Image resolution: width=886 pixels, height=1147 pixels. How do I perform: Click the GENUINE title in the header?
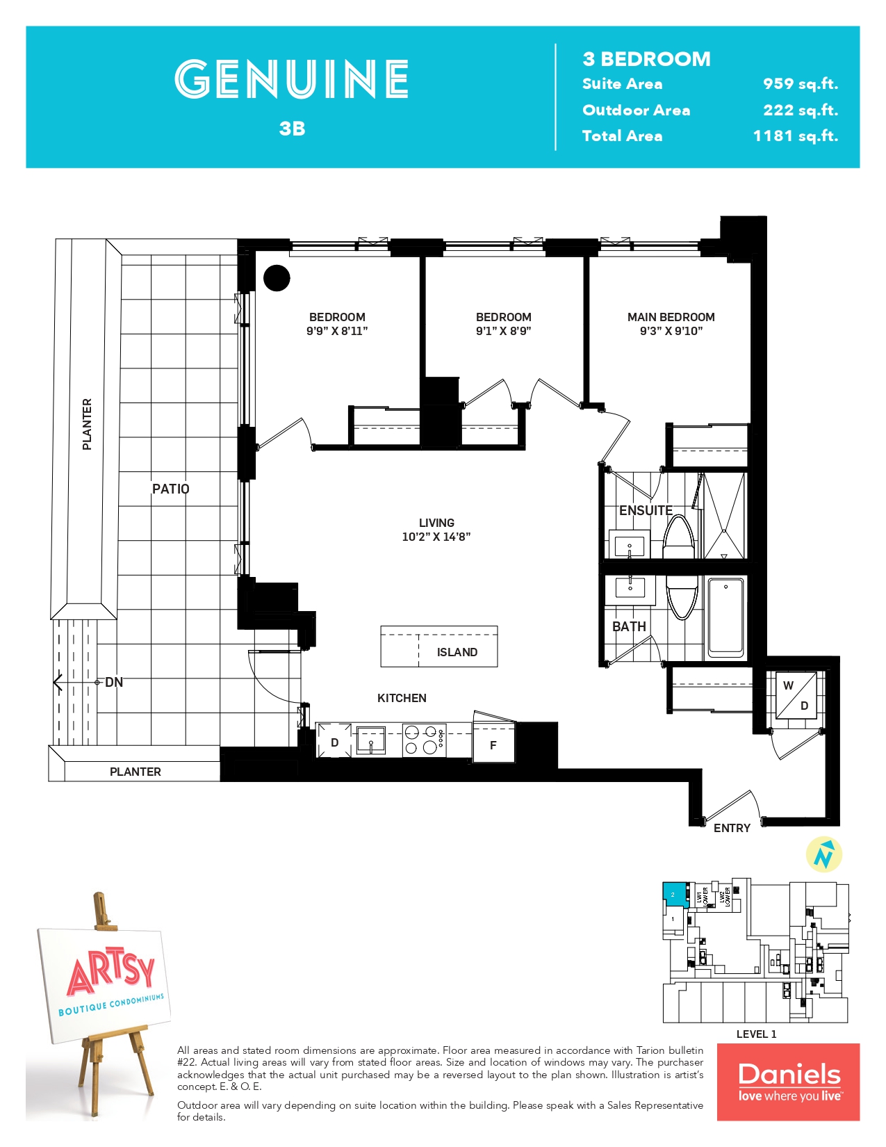click(x=291, y=79)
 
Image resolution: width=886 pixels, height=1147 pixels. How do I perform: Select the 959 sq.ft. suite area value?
click(x=800, y=84)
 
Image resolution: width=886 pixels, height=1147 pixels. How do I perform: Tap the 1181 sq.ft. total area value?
click(x=795, y=136)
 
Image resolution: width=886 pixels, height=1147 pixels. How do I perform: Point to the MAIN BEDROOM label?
click(x=671, y=317)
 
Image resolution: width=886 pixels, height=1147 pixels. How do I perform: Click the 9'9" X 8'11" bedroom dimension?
click(x=337, y=332)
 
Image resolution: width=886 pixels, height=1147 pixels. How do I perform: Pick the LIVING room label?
click(x=436, y=523)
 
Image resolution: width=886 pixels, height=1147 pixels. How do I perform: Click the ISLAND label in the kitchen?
click(x=457, y=652)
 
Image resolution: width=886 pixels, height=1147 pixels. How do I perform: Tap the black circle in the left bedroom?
click(x=277, y=278)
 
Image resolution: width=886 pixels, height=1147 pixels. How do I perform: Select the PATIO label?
click(x=170, y=489)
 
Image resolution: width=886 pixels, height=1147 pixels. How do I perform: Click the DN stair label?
click(x=114, y=683)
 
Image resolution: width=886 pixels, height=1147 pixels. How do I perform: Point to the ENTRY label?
click(x=732, y=828)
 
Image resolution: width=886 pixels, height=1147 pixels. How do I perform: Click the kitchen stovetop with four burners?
click(x=424, y=740)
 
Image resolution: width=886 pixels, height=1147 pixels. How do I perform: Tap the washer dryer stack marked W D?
click(x=796, y=695)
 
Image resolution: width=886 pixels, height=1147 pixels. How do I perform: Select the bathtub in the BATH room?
click(x=725, y=617)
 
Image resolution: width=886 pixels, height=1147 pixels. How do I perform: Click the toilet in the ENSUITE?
click(x=679, y=538)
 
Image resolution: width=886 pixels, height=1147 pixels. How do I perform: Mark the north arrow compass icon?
click(x=823, y=854)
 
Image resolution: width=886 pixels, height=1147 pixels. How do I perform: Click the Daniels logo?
click(x=788, y=1082)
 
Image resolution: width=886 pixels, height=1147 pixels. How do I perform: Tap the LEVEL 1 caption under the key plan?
click(x=756, y=1034)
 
